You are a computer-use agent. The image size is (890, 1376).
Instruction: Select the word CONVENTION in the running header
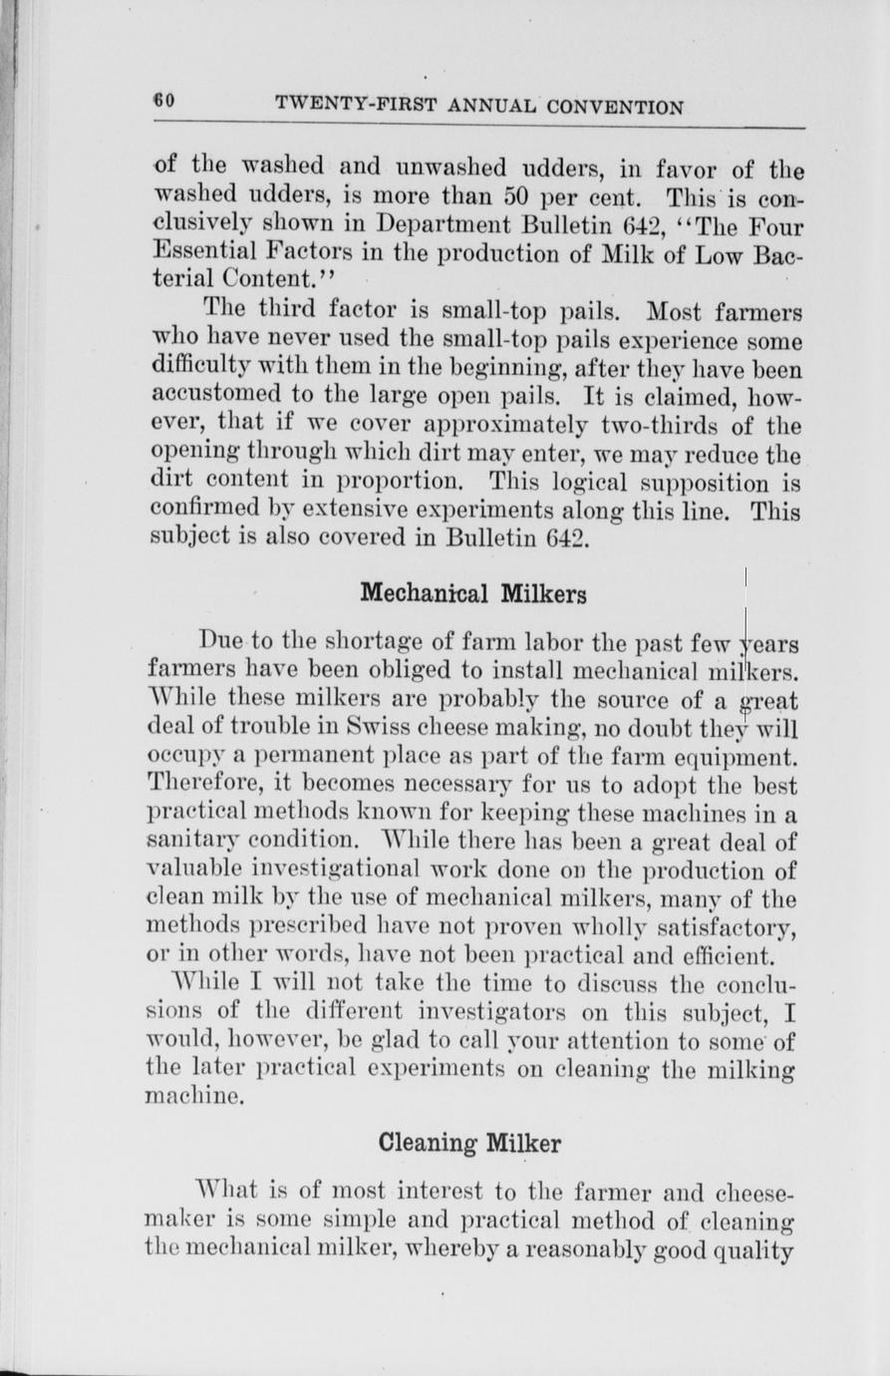(620, 107)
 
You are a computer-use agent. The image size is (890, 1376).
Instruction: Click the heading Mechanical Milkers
(472, 594)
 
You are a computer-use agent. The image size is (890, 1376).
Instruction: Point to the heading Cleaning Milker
(470, 1142)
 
